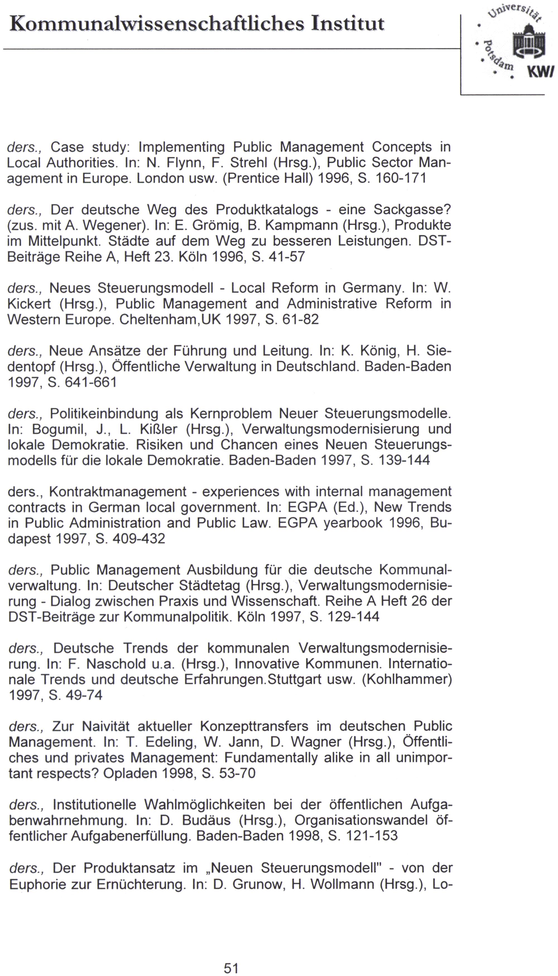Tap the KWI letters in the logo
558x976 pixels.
click(x=541, y=72)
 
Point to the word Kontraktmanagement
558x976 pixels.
click(x=118, y=492)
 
